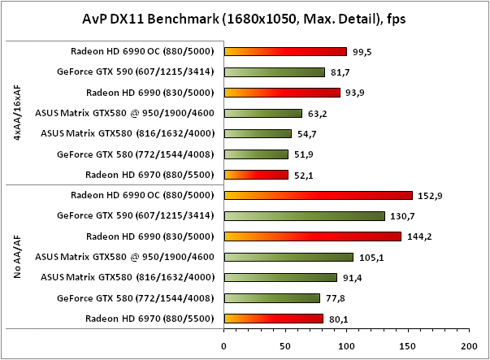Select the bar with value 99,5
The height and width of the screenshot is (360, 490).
tap(285, 51)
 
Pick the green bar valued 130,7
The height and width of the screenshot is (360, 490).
tap(305, 215)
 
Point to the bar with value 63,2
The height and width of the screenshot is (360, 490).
tap(263, 113)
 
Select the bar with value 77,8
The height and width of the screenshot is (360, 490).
tap(272, 297)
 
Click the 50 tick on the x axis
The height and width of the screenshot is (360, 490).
tap(285, 344)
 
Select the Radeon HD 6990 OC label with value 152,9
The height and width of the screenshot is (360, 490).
tap(142, 195)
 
